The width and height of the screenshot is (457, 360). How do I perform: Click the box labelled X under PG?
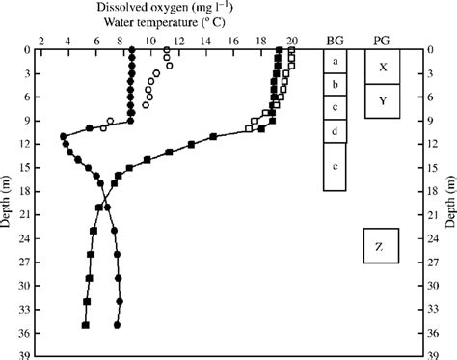tap(383, 68)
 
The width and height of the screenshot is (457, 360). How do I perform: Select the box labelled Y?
tap(383, 100)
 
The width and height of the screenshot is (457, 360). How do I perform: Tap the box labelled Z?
tap(379, 247)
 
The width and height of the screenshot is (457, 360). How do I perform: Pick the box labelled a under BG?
tap(334, 61)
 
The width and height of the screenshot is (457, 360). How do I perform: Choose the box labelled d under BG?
tap(334, 130)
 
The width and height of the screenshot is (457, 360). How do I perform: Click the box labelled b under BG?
tap(334, 84)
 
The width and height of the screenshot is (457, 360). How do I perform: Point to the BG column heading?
tap(334, 39)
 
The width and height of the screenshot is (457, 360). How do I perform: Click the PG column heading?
tap(382, 39)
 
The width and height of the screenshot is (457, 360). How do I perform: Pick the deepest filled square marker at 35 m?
tap(86, 325)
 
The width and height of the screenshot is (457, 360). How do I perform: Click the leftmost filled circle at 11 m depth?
tap(64, 136)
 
